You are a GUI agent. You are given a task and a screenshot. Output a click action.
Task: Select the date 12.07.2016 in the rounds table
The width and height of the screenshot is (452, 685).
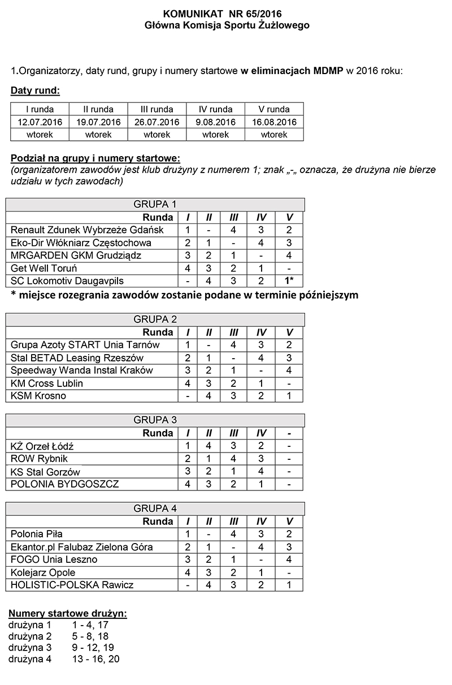coord(40,122)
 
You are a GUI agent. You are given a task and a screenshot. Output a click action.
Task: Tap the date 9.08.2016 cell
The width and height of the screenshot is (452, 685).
coord(215,122)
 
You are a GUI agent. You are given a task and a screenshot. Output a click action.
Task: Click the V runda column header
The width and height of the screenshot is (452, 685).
coord(274,109)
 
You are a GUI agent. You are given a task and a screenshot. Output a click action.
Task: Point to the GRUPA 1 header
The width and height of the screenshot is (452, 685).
coord(155,204)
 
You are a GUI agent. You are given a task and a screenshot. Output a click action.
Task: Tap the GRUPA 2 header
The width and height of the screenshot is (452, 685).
coord(155,320)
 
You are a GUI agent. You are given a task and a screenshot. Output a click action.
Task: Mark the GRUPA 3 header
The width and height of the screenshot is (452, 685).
coord(155,420)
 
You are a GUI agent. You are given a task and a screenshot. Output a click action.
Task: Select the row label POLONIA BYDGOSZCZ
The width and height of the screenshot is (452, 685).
coord(65,484)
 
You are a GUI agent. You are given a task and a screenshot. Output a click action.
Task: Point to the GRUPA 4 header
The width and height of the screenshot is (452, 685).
coord(155,508)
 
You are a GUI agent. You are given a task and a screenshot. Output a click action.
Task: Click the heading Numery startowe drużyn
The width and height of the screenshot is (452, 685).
coord(68,614)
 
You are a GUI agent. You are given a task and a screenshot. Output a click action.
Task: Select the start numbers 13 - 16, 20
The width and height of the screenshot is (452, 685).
coord(96,659)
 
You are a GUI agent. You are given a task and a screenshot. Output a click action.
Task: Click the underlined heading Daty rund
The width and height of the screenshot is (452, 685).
coord(35,91)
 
